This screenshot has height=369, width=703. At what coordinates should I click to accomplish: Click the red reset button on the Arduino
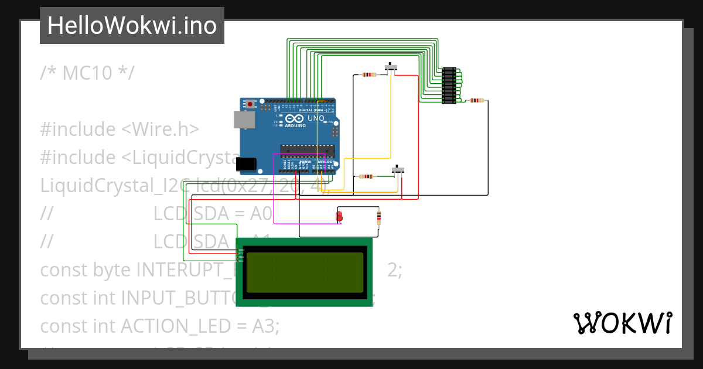(x=250, y=104)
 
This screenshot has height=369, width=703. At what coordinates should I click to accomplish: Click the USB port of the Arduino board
(x=241, y=119)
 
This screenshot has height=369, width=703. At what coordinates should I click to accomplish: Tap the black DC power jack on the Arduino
(x=247, y=163)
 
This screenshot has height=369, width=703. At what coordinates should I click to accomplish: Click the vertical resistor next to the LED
(x=378, y=218)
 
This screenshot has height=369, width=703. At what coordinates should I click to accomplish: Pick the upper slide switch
(x=391, y=67)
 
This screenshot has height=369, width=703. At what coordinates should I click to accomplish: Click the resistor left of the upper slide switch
(x=369, y=74)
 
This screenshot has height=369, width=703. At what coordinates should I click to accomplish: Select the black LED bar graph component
(x=449, y=86)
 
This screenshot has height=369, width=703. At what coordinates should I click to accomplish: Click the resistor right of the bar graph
(x=477, y=100)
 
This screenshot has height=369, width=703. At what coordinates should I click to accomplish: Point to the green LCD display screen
(x=304, y=272)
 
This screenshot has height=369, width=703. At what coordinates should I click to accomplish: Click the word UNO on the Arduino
(x=316, y=118)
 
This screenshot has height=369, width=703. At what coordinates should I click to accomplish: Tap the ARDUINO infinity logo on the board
(x=295, y=119)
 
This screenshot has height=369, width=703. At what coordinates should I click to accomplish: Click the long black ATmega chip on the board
(x=307, y=151)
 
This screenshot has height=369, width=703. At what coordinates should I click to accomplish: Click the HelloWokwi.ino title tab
(x=132, y=26)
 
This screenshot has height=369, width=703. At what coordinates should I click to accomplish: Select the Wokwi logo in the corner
(x=622, y=323)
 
